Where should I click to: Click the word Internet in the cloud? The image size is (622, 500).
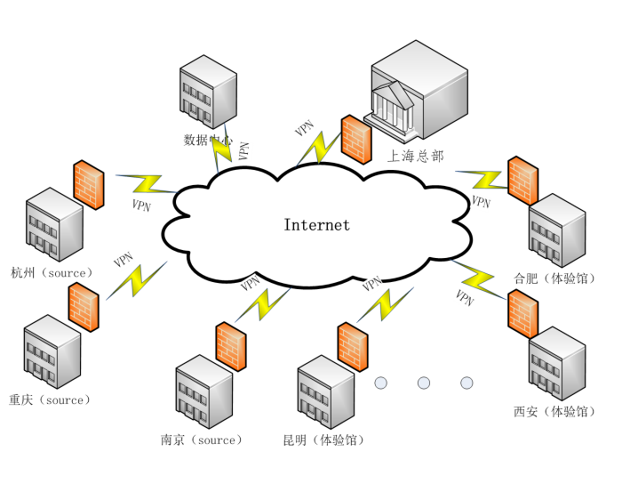point(316,225)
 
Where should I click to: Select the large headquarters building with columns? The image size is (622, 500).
point(419,89)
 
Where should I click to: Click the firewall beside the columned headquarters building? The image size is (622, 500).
point(356,140)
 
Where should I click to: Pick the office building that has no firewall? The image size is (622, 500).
point(209,92)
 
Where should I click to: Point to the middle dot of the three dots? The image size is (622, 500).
point(424,383)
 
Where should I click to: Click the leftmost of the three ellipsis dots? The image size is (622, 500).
point(381,383)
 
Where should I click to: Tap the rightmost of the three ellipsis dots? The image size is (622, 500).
point(466,383)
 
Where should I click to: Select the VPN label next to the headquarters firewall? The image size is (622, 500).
point(305,128)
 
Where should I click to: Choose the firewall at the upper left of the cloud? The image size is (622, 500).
point(89,185)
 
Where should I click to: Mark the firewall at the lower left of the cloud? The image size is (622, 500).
point(84,307)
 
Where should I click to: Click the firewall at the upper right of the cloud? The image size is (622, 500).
point(522,181)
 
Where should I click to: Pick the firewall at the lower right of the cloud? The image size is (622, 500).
point(522,314)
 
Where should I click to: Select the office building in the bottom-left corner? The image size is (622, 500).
point(52,351)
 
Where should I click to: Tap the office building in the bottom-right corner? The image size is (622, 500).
point(557,363)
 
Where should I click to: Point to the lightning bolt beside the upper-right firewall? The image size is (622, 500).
point(484,179)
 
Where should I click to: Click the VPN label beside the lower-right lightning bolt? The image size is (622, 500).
point(464,298)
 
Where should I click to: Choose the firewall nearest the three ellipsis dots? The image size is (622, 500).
point(353,347)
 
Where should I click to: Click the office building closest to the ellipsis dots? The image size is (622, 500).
point(326,391)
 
